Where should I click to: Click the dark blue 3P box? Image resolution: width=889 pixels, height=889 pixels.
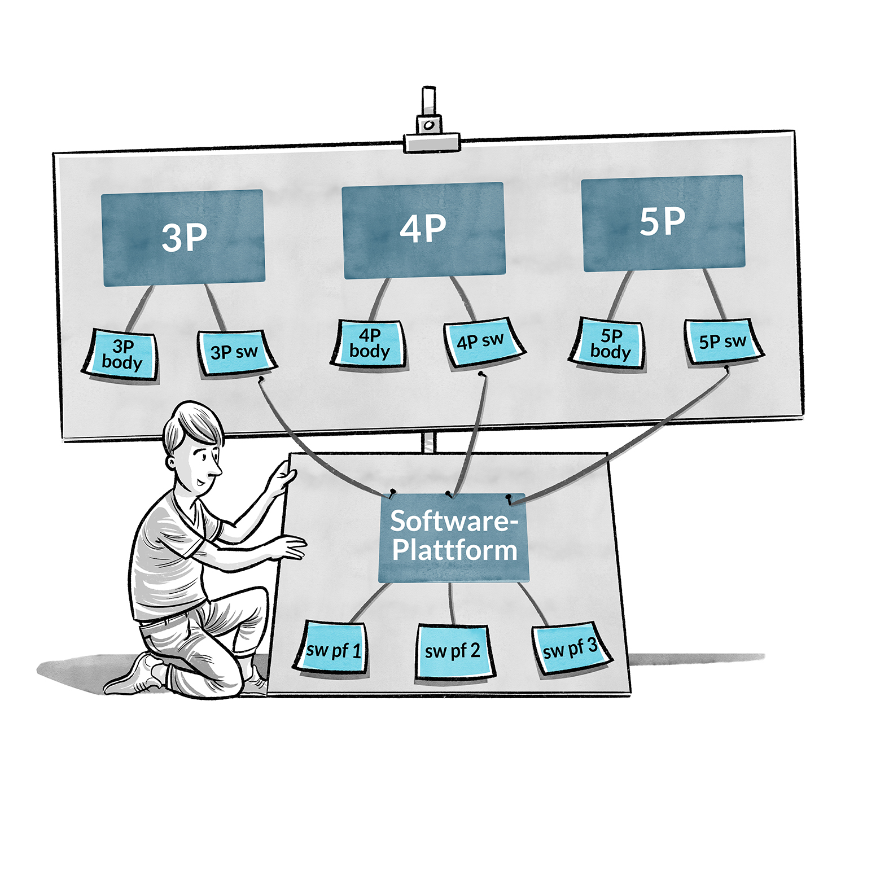pos(183,238)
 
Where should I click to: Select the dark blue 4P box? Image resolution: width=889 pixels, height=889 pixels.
pos(423,230)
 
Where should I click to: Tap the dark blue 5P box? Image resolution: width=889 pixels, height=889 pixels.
pos(663,223)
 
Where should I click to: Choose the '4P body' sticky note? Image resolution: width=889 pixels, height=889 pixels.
pos(370,344)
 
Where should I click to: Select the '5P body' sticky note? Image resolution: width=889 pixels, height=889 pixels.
pos(610,344)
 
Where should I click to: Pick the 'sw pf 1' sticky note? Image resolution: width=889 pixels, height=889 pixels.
pos(332,649)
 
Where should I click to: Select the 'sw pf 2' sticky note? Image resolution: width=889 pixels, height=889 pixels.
pos(453,651)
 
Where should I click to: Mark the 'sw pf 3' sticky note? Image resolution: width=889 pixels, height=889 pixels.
pos(570,648)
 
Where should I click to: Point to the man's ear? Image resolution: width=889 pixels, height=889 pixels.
pos(172,462)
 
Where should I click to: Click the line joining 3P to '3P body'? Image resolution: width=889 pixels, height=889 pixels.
pos(140,308)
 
